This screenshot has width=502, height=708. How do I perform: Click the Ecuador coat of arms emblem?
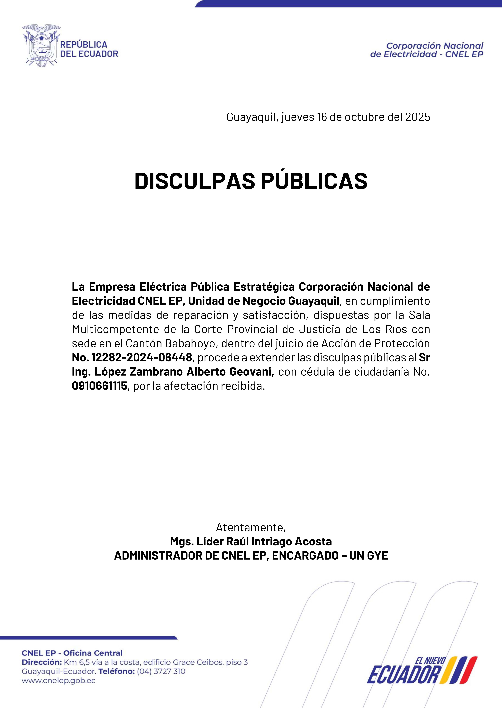tap(41, 46)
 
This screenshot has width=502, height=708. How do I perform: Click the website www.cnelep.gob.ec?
tap(59, 680)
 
